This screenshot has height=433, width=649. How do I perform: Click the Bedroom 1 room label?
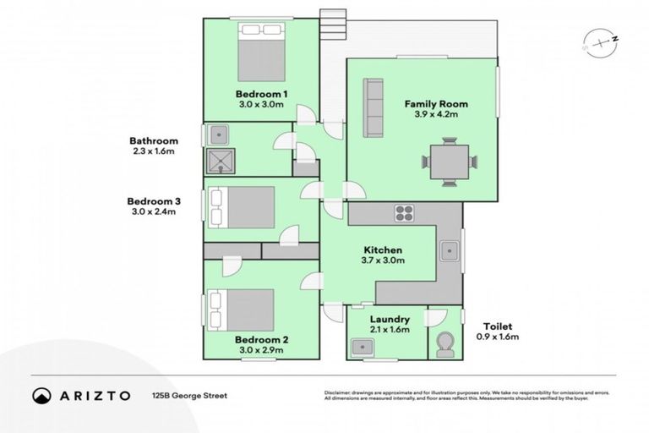pyautogui.click(x=262, y=93)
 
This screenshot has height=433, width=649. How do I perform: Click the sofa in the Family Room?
pyautogui.click(x=372, y=107)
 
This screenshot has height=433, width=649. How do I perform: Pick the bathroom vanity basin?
pyautogui.click(x=220, y=134)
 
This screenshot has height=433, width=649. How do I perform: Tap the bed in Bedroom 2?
pyautogui.click(x=243, y=310)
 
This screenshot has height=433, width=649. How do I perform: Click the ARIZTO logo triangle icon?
pyautogui.click(x=40, y=395)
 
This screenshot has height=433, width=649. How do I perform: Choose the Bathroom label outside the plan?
pyautogui.click(x=153, y=140)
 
